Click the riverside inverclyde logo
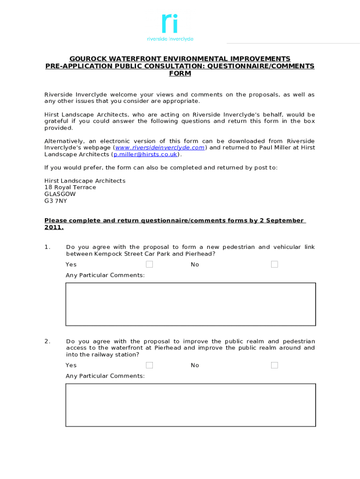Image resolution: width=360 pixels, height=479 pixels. [170, 28]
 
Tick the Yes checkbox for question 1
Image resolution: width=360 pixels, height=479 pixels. [149, 264]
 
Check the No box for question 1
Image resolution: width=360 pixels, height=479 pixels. [274, 264]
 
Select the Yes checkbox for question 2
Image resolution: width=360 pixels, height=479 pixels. [149, 365]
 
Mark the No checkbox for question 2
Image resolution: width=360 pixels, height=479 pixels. [274, 365]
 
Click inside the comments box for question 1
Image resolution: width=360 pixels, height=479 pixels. [190, 304]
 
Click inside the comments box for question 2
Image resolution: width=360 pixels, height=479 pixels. [190, 405]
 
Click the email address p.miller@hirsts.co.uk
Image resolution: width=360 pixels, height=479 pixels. [145, 154]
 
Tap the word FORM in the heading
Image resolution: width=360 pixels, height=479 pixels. [180, 74]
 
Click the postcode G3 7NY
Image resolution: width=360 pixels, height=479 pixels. [56, 201]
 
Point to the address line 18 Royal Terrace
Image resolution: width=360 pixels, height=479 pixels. [70, 187]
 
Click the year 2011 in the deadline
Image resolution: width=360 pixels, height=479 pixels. [53, 227]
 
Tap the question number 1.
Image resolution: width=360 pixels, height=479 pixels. [47, 247]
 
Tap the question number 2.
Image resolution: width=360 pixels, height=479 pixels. [47, 341]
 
